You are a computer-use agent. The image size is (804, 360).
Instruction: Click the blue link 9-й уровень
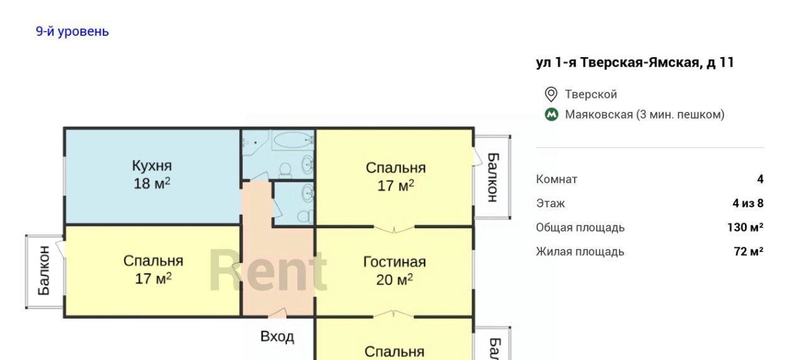[x=72, y=31]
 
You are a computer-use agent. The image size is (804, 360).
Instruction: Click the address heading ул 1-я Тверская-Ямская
[x=617, y=62]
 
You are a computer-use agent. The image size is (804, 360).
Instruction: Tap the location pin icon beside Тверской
[x=551, y=94]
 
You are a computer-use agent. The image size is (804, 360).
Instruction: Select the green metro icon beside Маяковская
[x=551, y=115]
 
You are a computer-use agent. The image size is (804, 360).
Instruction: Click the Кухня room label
[x=152, y=166]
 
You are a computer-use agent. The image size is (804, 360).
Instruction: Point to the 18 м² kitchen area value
[x=152, y=183]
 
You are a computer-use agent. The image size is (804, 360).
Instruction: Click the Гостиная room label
[x=394, y=262]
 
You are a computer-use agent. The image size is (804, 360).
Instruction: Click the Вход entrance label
[x=277, y=337]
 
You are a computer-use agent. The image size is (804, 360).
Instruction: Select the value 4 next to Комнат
[x=760, y=179]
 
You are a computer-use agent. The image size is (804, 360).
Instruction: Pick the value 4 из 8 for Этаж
[x=748, y=204]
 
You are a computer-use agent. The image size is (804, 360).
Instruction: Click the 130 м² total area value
[x=745, y=227]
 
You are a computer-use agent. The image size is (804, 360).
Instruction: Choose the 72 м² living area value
[x=749, y=251]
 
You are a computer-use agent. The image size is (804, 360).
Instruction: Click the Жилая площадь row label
[x=580, y=251]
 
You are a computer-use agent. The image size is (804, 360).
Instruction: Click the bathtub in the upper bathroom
[x=293, y=139]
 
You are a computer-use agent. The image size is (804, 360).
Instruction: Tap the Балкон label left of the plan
[x=44, y=271]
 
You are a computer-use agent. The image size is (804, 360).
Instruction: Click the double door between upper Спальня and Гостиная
[x=394, y=229]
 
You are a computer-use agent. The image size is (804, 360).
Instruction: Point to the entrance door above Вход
[x=278, y=313]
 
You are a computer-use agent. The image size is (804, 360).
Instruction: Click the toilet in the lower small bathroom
[x=305, y=216]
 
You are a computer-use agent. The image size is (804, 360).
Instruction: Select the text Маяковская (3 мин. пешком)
[x=644, y=115]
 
